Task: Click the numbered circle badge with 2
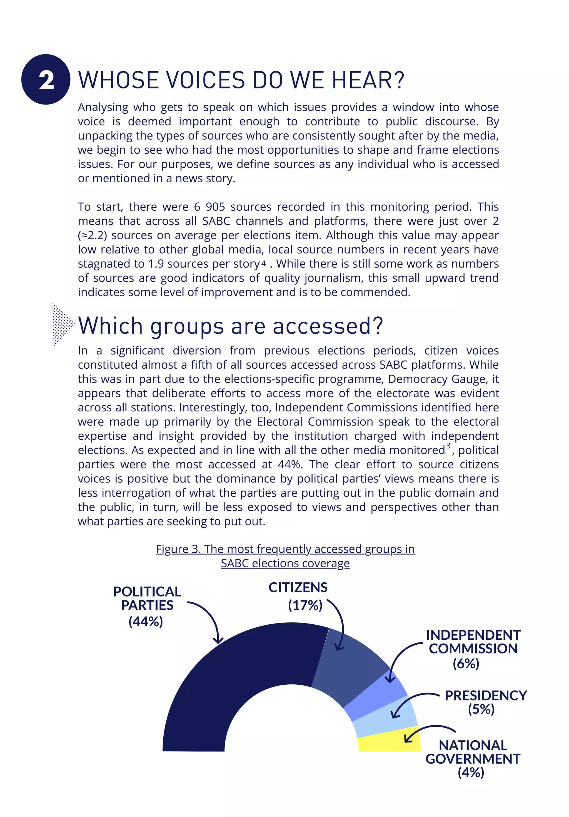pyautogui.click(x=46, y=79)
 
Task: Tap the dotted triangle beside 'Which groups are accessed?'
pyautogui.click(x=62, y=324)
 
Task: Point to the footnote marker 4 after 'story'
pyautogui.click(x=263, y=263)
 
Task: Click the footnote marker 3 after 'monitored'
pyautogui.click(x=448, y=446)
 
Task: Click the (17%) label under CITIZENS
pyautogui.click(x=305, y=605)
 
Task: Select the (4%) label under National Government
pyautogui.click(x=471, y=772)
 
